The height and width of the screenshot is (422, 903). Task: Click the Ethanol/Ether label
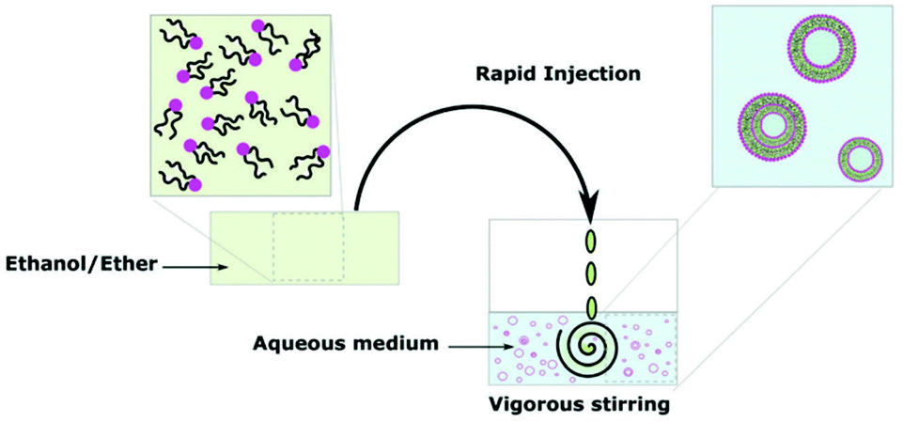tap(80, 267)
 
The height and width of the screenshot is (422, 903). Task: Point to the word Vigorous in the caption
tap(535, 406)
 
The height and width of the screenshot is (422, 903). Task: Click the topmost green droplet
tap(592, 241)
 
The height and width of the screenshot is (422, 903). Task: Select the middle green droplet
tap(592, 274)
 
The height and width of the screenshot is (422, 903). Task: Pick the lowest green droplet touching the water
tap(592, 306)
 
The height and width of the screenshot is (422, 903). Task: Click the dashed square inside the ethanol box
tap(309, 247)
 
